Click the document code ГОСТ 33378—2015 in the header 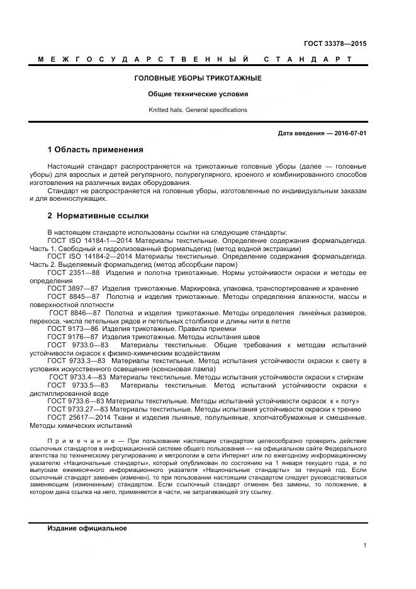(335, 43)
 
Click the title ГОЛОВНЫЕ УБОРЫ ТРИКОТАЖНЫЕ (198, 78)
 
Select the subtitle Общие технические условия (198, 94)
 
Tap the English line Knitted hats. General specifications (198, 109)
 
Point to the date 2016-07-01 (349, 133)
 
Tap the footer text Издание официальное (87, 529)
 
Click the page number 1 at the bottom (364, 546)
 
